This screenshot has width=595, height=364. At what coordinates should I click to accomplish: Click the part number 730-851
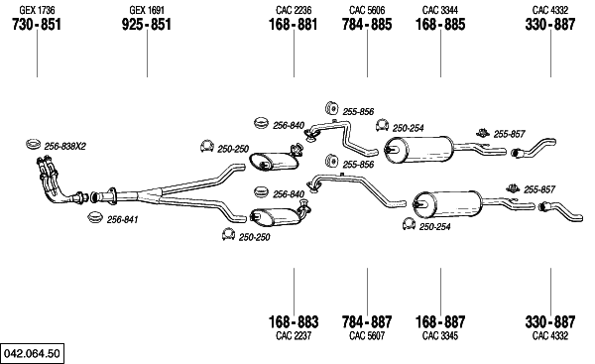click(37, 24)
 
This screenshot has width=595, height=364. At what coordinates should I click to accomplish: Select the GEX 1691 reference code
click(147, 10)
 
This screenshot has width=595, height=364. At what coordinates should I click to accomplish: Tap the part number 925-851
click(147, 24)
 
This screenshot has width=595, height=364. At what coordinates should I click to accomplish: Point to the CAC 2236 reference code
click(294, 10)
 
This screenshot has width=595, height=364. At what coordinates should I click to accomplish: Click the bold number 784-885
click(367, 24)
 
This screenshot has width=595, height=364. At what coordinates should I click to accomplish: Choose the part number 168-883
click(294, 322)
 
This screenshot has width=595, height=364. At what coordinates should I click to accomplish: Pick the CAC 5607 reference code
click(367, 336)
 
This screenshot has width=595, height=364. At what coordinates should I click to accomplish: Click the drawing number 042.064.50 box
click(33, 354)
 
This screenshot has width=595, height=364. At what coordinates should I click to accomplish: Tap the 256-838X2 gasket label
click(65, 146)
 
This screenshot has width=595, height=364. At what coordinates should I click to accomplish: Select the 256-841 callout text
click(123, 219)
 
